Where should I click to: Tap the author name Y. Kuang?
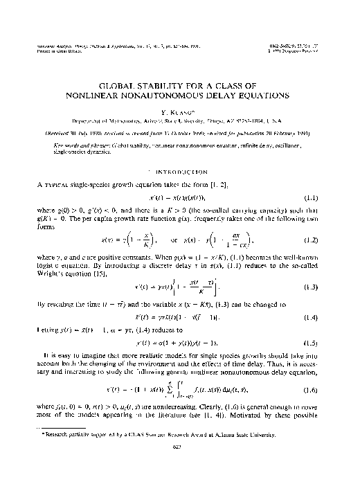coord(179,111)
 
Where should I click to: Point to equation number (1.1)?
coord(329,198)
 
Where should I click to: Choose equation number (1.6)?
coord(329,390)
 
